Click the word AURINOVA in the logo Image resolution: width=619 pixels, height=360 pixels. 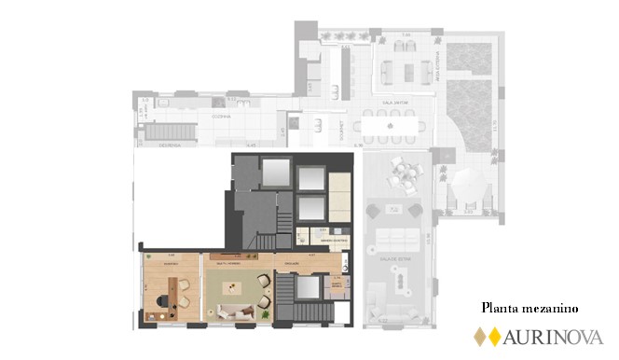click(x=554, y=337)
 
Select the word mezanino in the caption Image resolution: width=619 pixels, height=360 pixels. click(x=550, y=307)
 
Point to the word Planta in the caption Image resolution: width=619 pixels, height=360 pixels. click(x=499, y=307)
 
